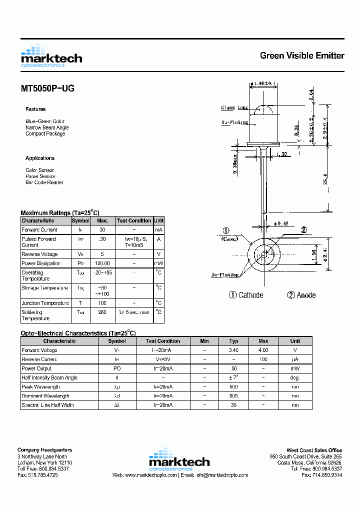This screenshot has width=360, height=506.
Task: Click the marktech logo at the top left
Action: click(51, 56)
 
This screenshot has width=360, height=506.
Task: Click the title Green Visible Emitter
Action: click(301, 55)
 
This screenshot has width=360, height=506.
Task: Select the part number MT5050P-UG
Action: click(47, 88)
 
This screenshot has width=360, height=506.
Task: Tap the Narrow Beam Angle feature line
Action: click(47, 127)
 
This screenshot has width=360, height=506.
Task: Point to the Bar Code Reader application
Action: click(44, 182)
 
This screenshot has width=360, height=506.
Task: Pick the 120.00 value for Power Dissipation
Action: click(102, 263)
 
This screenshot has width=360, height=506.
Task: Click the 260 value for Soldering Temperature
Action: click(102, 312)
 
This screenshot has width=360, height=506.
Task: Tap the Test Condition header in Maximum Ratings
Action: click(133, 220)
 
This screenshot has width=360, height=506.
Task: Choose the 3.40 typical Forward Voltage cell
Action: click(233, 350)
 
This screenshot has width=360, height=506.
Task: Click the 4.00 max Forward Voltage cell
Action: click(263, 350)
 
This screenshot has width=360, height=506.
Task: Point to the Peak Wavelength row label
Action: click(40, 387)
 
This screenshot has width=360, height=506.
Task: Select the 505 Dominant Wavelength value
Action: click(233, 396)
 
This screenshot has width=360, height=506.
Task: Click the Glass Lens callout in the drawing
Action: click(234, 107)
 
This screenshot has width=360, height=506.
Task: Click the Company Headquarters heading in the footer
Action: click(44, 450)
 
